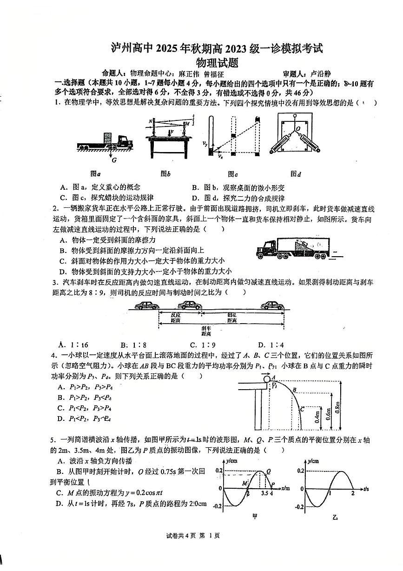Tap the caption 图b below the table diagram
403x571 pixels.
165,174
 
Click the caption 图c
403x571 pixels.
233,174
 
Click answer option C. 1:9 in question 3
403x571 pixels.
201,345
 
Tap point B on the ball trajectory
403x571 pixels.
294,390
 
